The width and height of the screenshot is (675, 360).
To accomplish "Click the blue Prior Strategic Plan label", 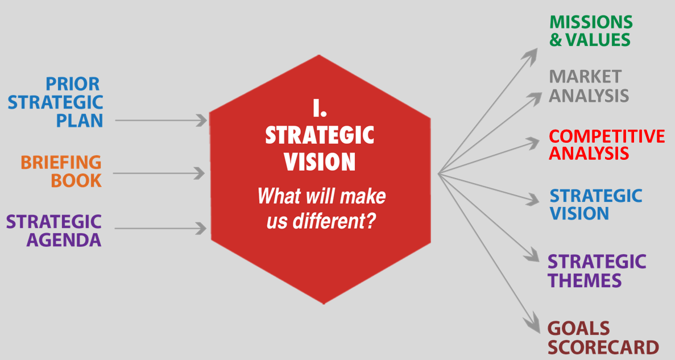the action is [x=56, y=102].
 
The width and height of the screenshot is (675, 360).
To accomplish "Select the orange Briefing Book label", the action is [x=61, y=171].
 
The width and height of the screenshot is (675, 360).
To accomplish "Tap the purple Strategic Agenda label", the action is [x=54, y=230].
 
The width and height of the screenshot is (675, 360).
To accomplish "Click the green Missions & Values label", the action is [x=591, y=31].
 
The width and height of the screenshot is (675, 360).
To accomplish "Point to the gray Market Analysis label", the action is [x=589, y=86].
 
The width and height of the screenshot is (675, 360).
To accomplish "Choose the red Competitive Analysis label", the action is [x=607, y=144].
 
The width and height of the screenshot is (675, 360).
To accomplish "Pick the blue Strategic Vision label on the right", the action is [x=596, y=205].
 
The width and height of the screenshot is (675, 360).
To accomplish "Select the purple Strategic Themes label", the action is [x=597, y=271].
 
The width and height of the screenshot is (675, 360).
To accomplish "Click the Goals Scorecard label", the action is [x=603, y=338].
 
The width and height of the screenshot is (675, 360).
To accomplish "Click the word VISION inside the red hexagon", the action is [x=320, y=162].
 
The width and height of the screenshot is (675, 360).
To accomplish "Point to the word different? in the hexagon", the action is [x=334, y=221].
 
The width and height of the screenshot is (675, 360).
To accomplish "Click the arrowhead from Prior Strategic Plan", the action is [x=201, y=121].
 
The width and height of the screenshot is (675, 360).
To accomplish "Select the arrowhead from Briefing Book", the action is [x=199, y=173].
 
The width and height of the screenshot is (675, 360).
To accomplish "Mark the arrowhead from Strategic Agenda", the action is [x=201, y=228].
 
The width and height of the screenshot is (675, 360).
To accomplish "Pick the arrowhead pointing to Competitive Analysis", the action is [x=533, y=143].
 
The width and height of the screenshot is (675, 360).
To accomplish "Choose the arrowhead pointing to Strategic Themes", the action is [x=532, y=256].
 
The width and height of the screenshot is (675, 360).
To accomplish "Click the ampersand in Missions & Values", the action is [x=556, y=40].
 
